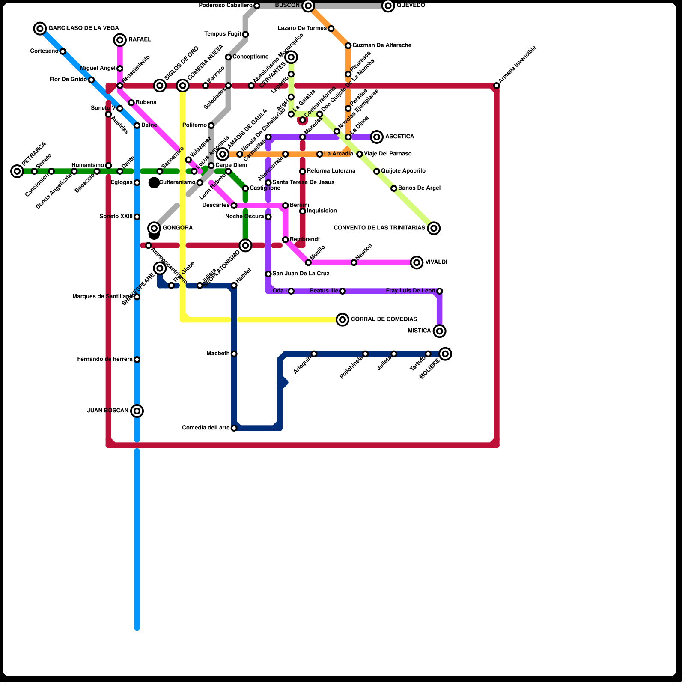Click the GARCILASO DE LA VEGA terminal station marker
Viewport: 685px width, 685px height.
(40, 29)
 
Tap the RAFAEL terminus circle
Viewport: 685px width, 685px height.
(120, 40)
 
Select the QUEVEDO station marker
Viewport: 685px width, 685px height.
(388, 6)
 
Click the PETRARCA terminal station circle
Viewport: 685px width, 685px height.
(17, 171)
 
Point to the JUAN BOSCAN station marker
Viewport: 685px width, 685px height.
(137, 411)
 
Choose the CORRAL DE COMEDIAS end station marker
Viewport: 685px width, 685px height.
(342, 319)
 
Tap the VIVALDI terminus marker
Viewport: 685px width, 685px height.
(417, 262)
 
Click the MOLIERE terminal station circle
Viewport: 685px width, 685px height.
(445, 354)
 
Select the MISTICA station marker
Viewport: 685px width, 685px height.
(439, 331)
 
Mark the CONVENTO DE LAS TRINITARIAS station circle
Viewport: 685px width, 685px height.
(434, 228)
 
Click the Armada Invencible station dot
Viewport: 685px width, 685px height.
(497, 86)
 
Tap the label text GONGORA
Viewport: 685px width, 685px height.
(178, 228)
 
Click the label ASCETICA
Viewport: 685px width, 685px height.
(399, 137)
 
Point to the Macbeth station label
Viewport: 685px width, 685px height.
(218, 354)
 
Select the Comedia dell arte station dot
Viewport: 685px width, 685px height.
(234, 428)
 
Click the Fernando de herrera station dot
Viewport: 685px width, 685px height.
(137, 360)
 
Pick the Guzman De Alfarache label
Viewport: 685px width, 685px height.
(382, 45)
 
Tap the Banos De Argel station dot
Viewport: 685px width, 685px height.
(394, 188)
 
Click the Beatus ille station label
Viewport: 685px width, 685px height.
(324, 291)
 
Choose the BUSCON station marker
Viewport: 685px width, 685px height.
(308, 6)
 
